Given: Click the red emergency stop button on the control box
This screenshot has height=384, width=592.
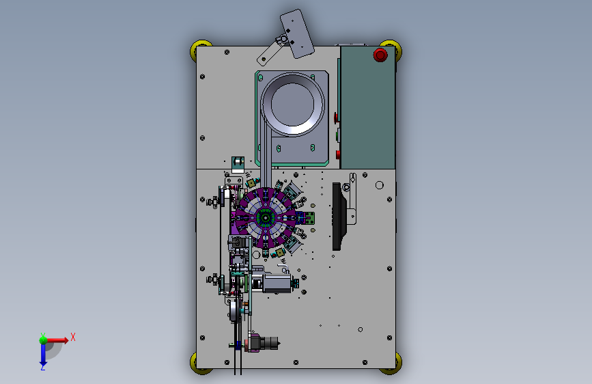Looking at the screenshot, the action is click(380, 55).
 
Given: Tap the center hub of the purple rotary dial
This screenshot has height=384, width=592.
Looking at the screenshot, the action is click(266, 218).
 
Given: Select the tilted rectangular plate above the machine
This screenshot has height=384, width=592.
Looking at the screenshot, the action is click(297, 33).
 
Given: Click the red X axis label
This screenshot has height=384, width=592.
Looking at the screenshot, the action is click(73, 337).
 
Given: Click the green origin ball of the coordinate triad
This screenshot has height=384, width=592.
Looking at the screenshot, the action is click(43, 340).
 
